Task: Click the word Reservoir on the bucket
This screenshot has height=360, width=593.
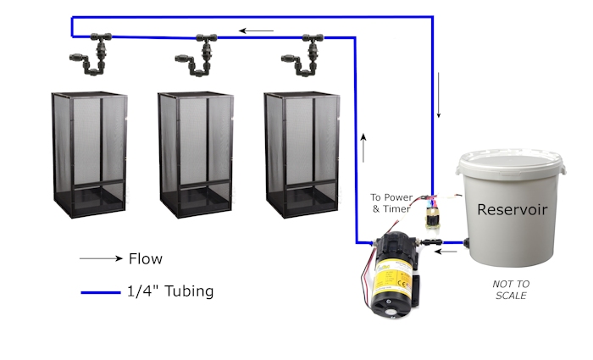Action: click(x=512, y=209)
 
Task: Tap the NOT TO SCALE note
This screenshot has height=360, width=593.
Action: click(x=511, y=290)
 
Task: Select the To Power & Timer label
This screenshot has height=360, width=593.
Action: click(x=391, y=203)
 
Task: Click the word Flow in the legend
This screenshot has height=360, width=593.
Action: click(x=146, y=259)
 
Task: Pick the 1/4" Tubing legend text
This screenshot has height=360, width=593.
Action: click(x=170, y=291)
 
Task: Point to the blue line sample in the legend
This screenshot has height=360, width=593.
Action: click(x=101, y=292)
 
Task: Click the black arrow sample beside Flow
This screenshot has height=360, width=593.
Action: click(x=101, y=258)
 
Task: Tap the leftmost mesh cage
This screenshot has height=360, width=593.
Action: click(x=89, y=154)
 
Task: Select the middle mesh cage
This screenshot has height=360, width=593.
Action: click(x=196, y=154)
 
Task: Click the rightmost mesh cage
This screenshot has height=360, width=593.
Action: click(x=302, y=154)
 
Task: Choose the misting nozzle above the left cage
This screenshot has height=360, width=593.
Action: click(x=91, y=53)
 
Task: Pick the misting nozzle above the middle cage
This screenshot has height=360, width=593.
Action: click(x=197, y=55)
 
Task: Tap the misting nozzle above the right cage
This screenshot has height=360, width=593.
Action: click(x=302, y=55)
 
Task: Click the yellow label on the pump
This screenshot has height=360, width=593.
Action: click(x=393, y=279)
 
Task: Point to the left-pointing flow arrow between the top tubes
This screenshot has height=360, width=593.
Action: click(x=256, y=30)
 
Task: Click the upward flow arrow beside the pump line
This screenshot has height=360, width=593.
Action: click(x=363, y=148)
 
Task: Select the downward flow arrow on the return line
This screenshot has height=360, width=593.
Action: click(x=439, y=95)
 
